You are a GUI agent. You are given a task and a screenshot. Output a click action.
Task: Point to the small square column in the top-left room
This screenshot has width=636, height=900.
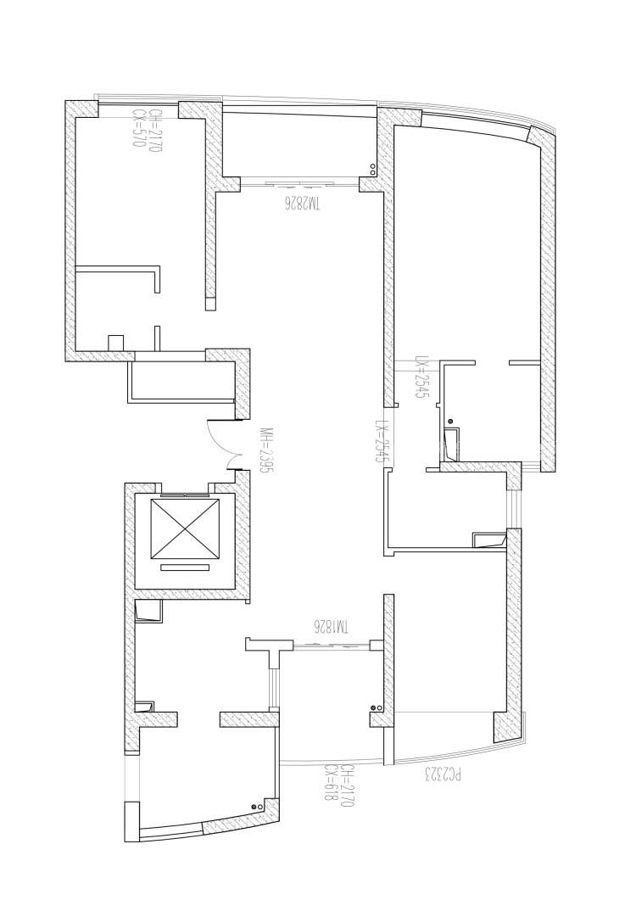[115, 342]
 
